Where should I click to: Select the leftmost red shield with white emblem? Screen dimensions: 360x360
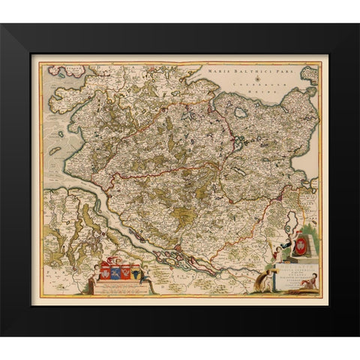click(x=103, y=269)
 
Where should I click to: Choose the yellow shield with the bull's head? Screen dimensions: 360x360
click(x=135, y=269)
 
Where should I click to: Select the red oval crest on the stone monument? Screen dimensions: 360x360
click(x=303, y=244)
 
